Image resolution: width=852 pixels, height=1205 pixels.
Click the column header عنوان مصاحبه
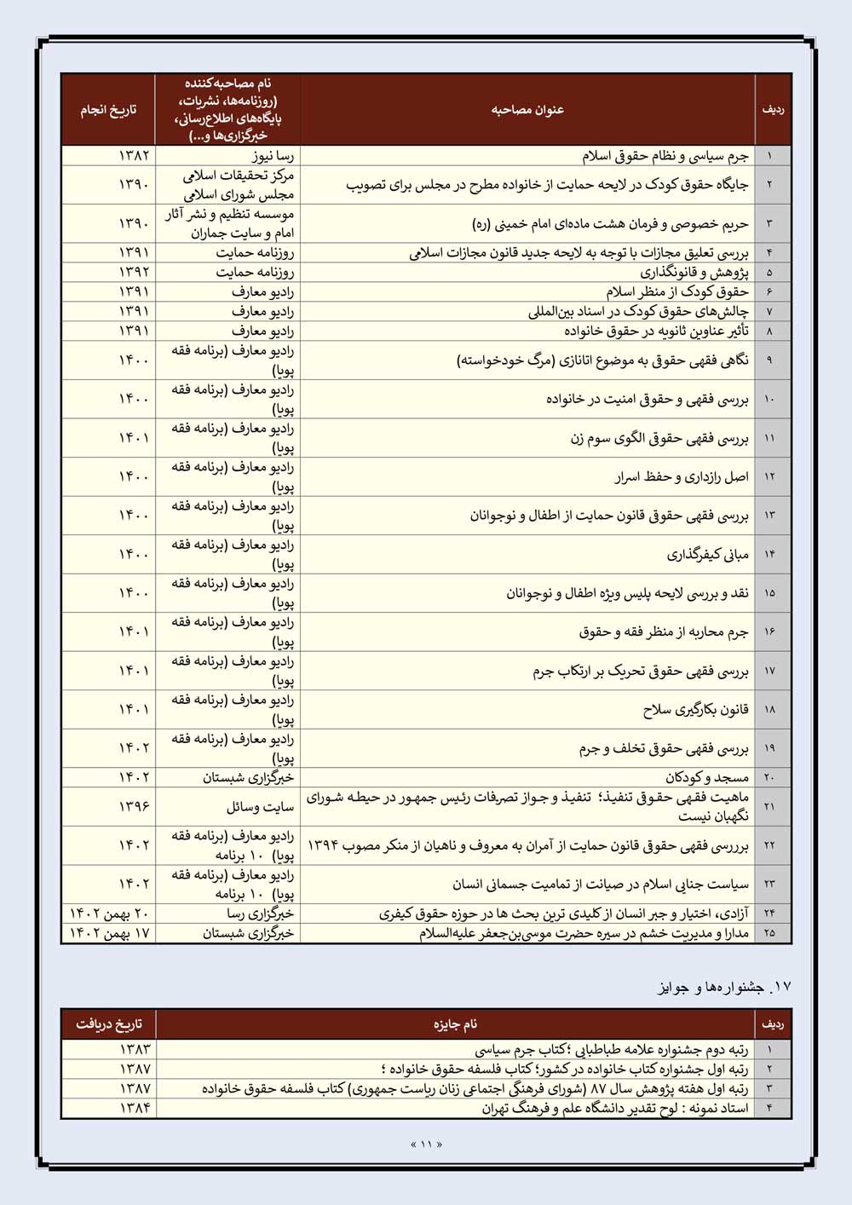point(527,110)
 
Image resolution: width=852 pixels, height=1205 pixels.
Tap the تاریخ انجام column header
point(108,110)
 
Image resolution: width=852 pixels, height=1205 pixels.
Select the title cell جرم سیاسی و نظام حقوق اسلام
point(665,156)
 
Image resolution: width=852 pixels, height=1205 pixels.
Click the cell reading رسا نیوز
point(273,156)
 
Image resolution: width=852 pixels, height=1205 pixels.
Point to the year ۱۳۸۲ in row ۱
point(134,156)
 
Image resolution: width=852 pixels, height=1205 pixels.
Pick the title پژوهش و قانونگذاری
point(694,273)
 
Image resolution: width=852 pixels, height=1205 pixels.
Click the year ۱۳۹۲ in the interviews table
point(134,273)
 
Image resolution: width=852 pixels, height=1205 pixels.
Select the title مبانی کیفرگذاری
point(707,555)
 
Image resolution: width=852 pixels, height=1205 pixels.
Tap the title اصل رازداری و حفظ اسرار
point(682,477)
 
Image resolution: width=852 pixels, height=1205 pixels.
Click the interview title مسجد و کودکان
point(706,777)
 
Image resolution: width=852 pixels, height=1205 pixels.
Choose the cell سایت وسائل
point(260,806)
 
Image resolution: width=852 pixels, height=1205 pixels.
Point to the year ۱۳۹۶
point(134,806)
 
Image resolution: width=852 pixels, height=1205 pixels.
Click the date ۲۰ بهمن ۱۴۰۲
point(109,914)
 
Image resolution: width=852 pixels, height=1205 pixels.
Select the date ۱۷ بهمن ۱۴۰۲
point(109,933)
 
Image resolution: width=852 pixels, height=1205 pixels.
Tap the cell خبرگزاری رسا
point(260,914)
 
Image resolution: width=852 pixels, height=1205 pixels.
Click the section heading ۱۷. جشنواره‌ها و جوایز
point(724,987)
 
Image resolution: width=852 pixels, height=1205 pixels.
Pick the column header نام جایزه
point(455,1024)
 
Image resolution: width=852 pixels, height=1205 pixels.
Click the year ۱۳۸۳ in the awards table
point(135,1050)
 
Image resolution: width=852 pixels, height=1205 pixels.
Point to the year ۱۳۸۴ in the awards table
point(135,1108)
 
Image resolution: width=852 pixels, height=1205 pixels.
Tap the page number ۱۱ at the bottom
point(426,1144)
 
